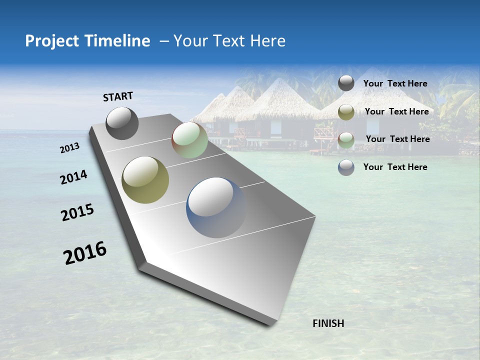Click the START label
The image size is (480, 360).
point(118,96)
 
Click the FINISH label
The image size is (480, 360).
point(328,323)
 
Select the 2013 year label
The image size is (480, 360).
point(70,148)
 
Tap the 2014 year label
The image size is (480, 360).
point(73,177)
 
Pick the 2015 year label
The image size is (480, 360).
point(77,212)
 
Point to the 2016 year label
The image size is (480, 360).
point(85,252)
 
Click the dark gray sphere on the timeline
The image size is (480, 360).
point(122,123)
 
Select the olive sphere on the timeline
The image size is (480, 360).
point(145,179)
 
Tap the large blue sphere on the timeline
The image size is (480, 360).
point(216,207)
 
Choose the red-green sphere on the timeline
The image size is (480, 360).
point(189,140)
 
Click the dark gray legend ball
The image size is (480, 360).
point(346,83)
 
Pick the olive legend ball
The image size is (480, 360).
point(346,112)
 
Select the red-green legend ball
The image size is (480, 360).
point(346,140)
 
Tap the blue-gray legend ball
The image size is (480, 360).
point(346,167)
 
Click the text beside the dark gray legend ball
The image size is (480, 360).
point(395,84)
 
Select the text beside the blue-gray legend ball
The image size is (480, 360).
point(395,167)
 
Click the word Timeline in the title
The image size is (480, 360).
point(113,41)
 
